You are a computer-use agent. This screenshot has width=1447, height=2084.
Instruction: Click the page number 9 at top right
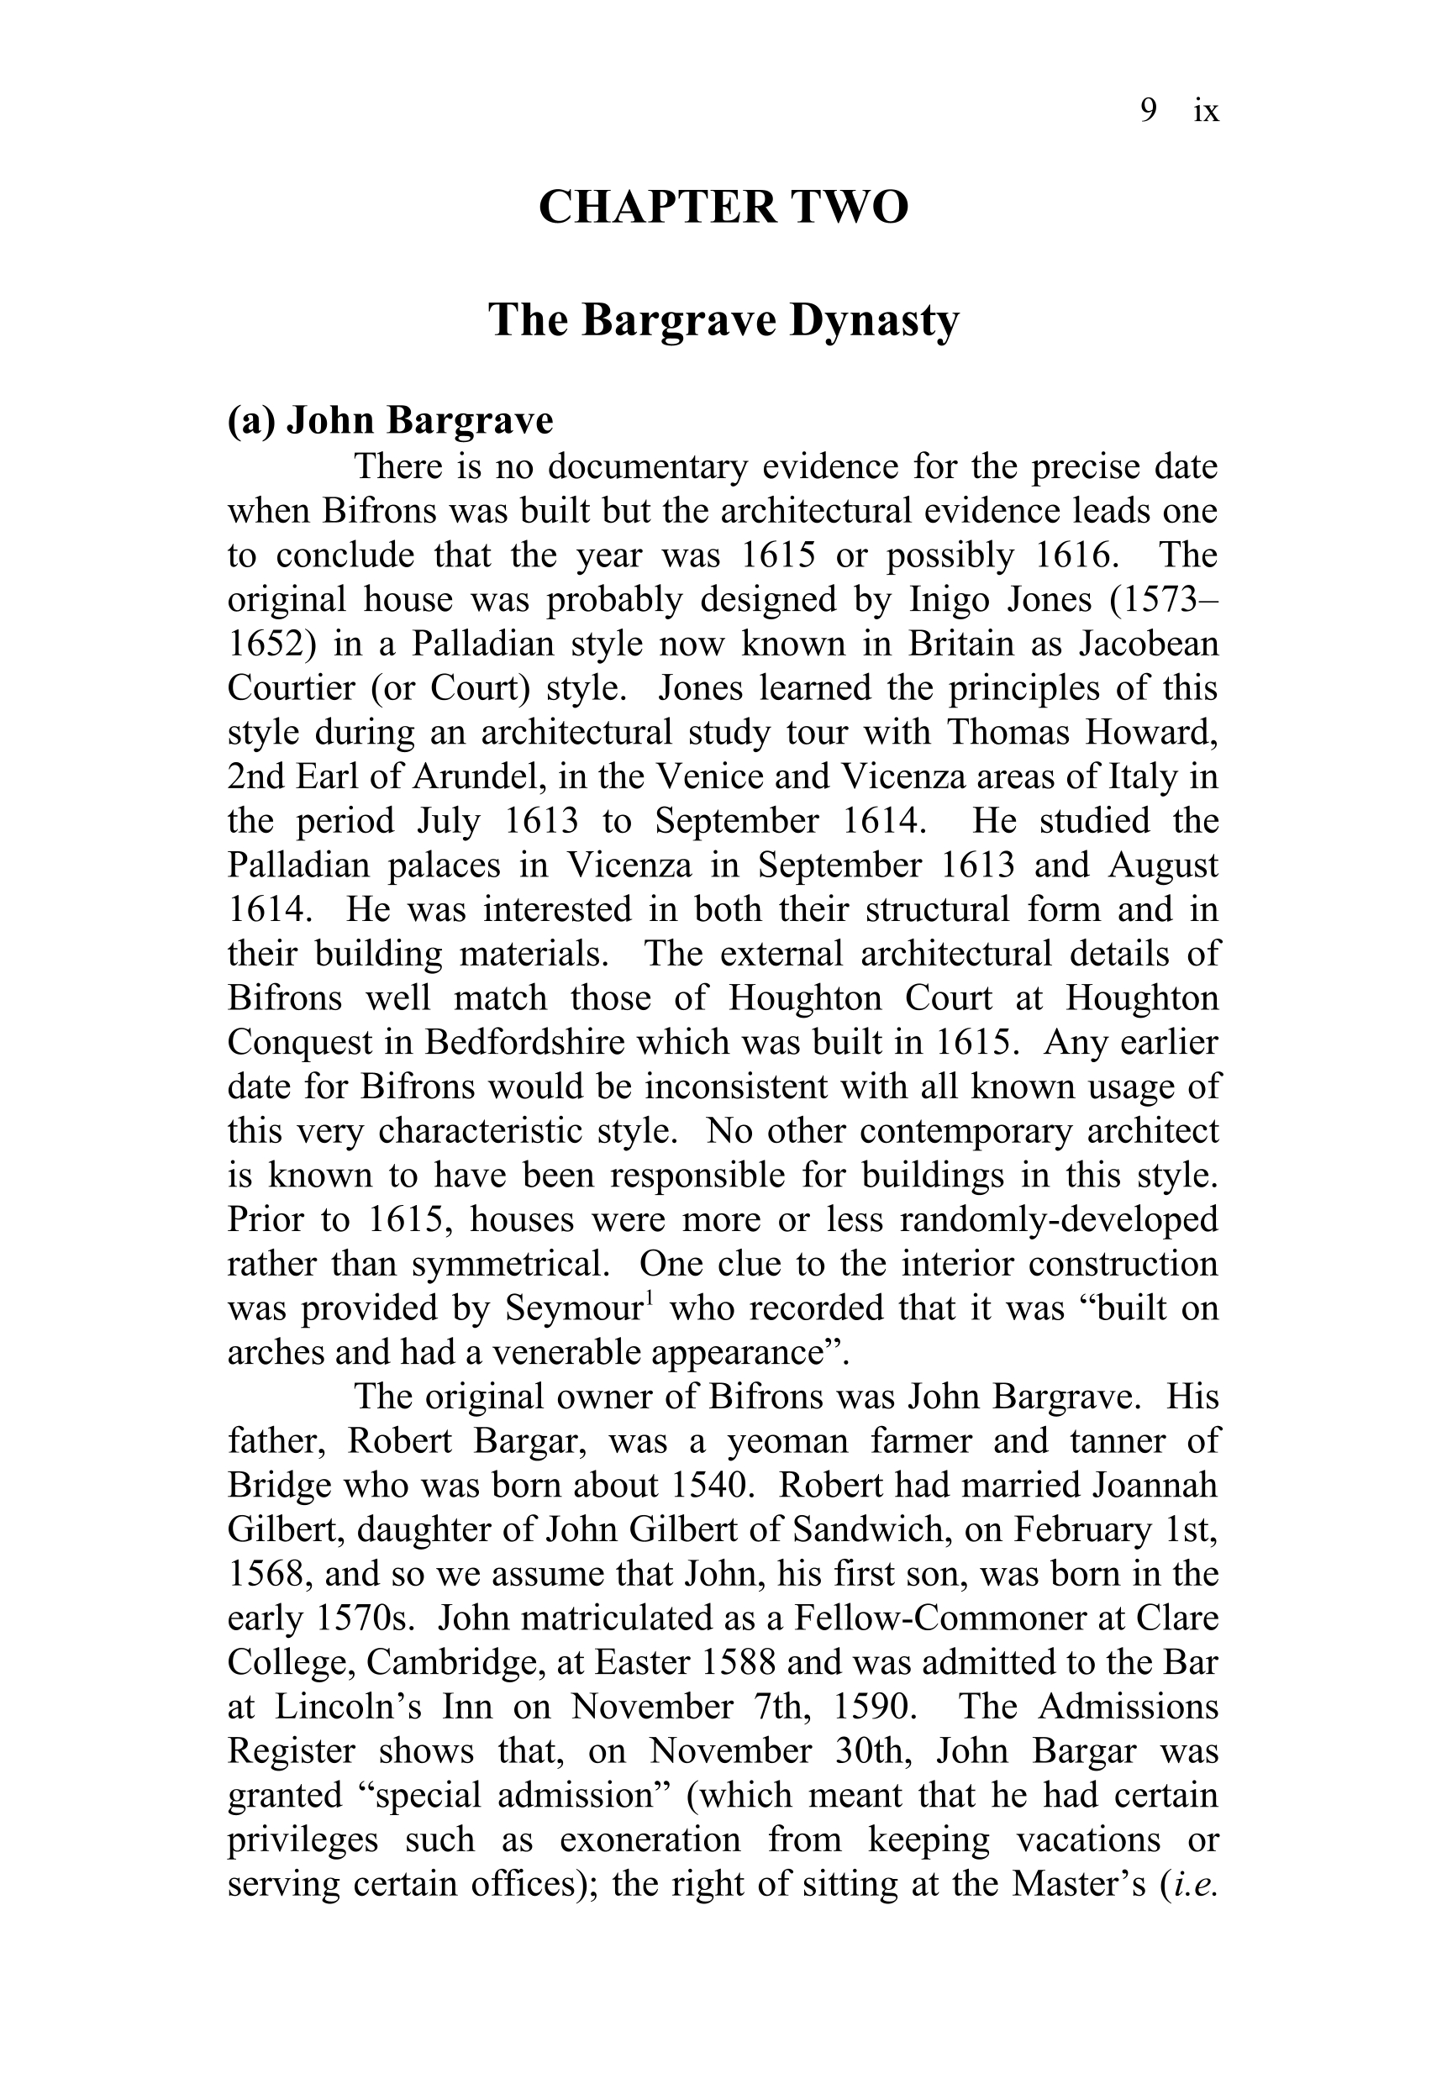click(x=1148, y=111)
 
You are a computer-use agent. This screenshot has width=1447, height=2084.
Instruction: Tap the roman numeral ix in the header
click(x=1207, y=111)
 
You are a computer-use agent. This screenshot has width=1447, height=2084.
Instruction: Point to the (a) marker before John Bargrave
click(x=251, y=421)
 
